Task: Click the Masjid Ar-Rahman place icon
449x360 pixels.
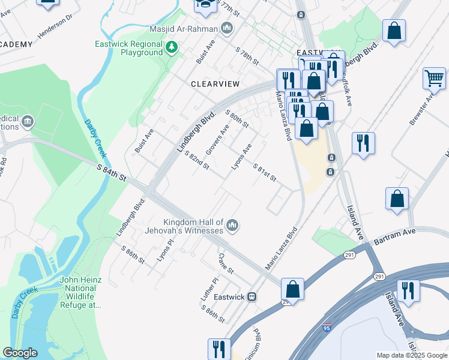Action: click(x=227, y=28)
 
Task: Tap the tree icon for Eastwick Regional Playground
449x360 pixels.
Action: click(x=172, y=47)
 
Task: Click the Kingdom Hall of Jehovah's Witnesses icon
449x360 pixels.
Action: click(x=232, y=226)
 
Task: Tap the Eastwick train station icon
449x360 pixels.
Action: click(x=253, y=296)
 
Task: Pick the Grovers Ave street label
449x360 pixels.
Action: click(x=218, y=138)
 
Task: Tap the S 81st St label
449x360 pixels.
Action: click(x=264, y=173)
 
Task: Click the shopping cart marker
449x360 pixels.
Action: click(x=434, y=77)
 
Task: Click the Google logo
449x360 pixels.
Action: click(x=20, y=353)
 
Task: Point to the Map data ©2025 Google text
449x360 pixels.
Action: click(x=412, y=355)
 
